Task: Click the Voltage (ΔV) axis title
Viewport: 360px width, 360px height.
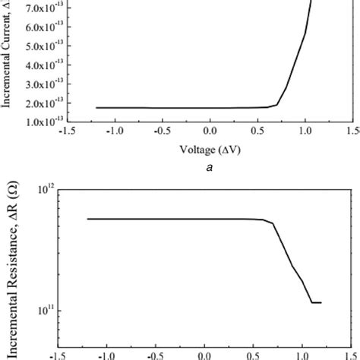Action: point(210,150)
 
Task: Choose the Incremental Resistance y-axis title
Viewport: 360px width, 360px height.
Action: point(11,270)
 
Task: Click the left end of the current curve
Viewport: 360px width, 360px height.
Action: point(96,108)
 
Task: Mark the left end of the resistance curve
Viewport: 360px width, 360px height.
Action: point(87,219)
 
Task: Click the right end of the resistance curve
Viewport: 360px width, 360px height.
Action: point(321,302)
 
